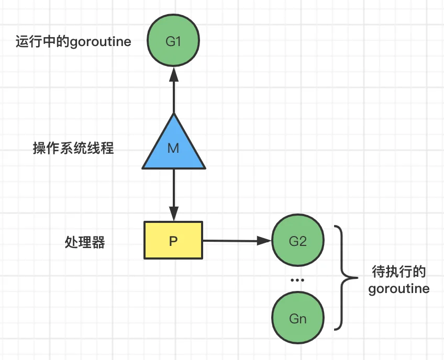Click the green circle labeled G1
pos(173,40)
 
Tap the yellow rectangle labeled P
pos(173,240)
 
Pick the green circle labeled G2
pos(298,240)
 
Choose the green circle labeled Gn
pos(298,318)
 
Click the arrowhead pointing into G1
pos(174,74)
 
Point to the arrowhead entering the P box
pos(174,213)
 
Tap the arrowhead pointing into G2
pos(264,241)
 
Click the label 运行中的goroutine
pos(73,42)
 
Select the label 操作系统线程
pos(73,148)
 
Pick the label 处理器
pos(85,242)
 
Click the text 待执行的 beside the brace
pos(399,272)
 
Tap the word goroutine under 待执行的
pos(399,289)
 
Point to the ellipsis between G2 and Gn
pos(297,280)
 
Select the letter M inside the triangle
pos(173,148)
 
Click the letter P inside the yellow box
pos(173,241)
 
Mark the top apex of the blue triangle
pos(174,114)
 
